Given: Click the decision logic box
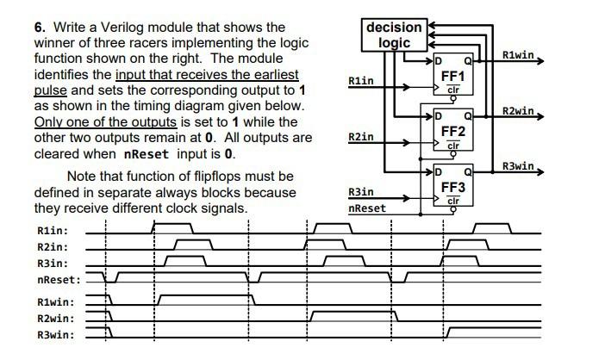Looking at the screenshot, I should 395,34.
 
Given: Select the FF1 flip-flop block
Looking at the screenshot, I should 453,75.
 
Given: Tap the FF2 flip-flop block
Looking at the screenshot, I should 453,131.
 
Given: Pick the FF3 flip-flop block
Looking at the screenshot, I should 453,185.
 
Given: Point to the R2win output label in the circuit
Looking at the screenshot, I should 520,112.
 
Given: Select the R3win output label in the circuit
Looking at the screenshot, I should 520,166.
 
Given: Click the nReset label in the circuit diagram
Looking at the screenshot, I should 367,208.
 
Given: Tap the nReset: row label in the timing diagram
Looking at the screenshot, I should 59,280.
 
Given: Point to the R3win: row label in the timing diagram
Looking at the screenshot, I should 56,335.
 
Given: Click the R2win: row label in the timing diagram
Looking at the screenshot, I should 56,319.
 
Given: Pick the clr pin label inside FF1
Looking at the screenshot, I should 454,90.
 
